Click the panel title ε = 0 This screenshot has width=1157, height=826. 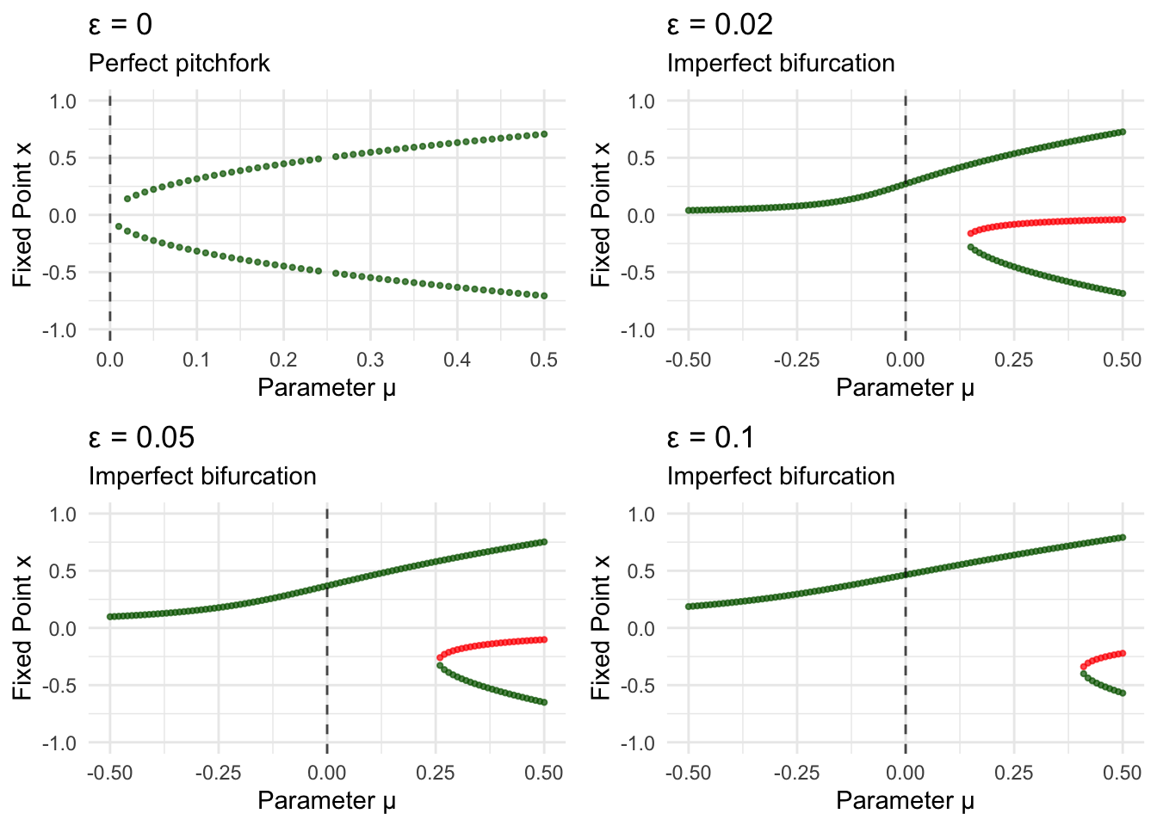click(121, 24)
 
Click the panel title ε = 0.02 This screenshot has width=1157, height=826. click(720, 24)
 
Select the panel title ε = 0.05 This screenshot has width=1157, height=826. click(141, 437)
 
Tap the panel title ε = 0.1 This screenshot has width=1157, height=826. click(710, 437)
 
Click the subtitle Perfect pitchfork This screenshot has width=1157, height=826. click(179, 64)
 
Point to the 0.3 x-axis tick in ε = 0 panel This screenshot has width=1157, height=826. click(370, 360)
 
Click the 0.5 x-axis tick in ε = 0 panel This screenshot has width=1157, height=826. click(544, 360)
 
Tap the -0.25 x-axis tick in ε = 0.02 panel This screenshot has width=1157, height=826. click(796, 360)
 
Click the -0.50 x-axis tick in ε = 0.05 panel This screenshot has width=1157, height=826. click(109, 773)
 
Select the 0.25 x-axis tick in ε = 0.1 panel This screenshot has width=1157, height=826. click(1014, 773)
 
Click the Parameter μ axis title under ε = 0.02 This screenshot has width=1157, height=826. click(905, 388)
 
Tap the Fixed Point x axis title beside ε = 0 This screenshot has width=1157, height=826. click(22, 215)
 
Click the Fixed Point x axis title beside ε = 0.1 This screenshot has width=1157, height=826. click(601, 628)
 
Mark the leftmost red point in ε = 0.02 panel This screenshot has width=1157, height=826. click(971, 233)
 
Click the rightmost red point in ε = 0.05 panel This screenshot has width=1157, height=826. click(544, 639)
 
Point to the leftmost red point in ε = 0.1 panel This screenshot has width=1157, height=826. click(1084, 667)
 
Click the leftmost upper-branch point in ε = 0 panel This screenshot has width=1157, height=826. click(127, 199)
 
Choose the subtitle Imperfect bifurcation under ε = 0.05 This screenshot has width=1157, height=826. click(202, 477)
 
